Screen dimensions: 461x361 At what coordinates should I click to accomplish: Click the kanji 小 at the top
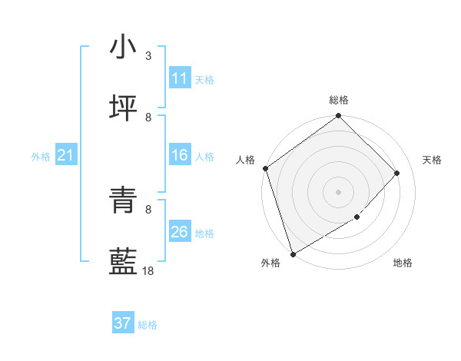pyautogui.click(x=123, y=48)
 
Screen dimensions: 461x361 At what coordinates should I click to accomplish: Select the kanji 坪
pyautogui.click(x=123, y=108)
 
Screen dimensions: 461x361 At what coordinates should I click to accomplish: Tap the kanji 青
pyautogui.click(x=123, y=200)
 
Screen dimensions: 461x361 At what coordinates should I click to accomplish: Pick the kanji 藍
pyautogui.click(x=123, y=261)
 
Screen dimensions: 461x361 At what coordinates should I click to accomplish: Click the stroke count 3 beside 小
pyautogui.click(x=148, y=56)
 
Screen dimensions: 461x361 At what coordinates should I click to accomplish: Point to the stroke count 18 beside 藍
pyautogui.click(x=148, y=270)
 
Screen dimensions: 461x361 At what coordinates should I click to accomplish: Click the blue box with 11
pyautogui.click(x=180, y=78)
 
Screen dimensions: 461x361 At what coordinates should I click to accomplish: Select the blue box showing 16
pyautogui.click(x=180, y=155)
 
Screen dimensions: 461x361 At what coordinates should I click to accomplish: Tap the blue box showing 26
pyautogui.click(x=180, y=232)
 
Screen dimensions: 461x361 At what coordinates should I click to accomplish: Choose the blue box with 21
pyautogui.click(x=66, y=156)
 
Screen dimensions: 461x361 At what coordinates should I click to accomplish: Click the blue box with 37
pyautogui.click(x=123, y=323)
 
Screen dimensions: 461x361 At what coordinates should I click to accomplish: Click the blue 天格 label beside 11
pyautogui.click(x=204, y=79)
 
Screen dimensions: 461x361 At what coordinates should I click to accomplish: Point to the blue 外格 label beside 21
pyautogui.click(x=41, y=157)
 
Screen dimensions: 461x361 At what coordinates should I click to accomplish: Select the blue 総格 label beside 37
pyautogui.click(x=148, y=325)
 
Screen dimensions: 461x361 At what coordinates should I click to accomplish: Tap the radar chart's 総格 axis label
pyautogui.click(x=339, y=100)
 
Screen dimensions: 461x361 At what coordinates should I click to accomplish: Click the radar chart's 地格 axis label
pyautogui.click(x=403, y=263)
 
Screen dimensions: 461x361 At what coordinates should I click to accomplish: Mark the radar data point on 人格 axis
pyautogui.click(x=265, y=168)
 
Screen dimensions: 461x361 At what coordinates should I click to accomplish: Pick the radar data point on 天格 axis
pyautogui.click(x=397, y=173)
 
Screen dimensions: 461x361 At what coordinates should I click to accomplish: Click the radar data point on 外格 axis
pyautogui.click(x=293, y=253)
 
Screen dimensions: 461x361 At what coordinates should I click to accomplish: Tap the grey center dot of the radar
pyautogui.click(x=339, y=191)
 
